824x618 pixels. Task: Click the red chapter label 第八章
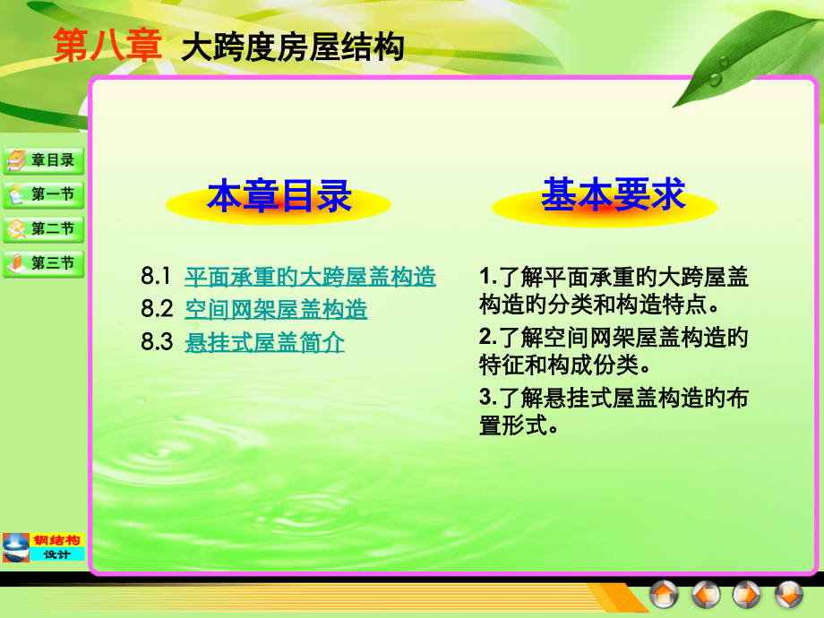click(107, 47)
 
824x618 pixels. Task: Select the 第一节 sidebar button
click(44, 194)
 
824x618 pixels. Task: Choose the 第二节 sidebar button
click(44, 228)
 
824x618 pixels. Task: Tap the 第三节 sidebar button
click(44, 263)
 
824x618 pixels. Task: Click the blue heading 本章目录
click(279, 197)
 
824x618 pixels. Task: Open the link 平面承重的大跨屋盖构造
click(310, 277)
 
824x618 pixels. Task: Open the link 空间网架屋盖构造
click(276, 310)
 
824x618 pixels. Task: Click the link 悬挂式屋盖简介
click(264, 342)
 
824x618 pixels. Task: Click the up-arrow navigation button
click(665, 593)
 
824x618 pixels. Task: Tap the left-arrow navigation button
click(706, 593)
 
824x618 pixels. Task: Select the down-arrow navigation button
click(788, 593)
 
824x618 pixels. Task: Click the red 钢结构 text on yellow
click(57, 540)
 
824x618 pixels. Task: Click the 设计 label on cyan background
click(57, 554)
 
